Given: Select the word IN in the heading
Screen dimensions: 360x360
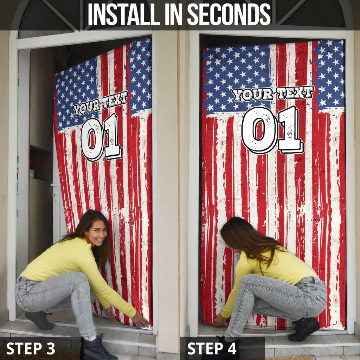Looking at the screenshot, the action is tap(174, 15).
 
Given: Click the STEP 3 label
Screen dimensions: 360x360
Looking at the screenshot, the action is tap(31, 348).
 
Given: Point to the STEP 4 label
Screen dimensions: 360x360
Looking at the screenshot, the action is tap(212, 348).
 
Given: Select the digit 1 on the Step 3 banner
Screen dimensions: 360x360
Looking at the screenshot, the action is tap(112, 137).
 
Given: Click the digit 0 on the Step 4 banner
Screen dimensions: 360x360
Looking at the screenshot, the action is tap(259, 130).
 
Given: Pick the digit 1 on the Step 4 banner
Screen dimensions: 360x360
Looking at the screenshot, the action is tap(290, 129).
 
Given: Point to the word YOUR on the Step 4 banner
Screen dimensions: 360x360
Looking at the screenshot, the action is tap(252, 94).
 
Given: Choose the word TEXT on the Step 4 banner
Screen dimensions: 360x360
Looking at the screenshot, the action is tap(295, 92).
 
